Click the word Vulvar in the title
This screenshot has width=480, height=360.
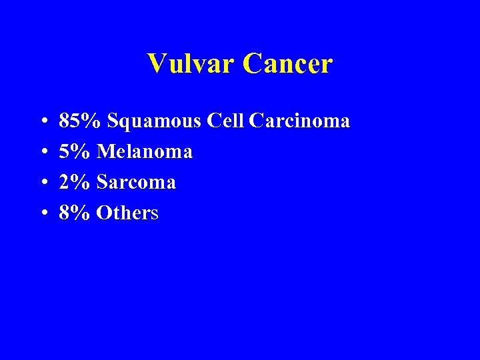(191, 64)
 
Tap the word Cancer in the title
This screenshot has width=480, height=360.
(287, 64)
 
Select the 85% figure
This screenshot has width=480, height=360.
(80, 121)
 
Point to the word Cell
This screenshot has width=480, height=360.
(226, 121)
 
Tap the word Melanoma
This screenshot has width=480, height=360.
(145, 152)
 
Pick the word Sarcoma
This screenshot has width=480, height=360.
(136, 183)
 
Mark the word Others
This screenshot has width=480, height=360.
(127, 213)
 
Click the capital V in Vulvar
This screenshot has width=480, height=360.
(156, 64)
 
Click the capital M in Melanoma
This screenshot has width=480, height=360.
(105, 152)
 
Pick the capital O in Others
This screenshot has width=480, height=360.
(103, 213)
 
